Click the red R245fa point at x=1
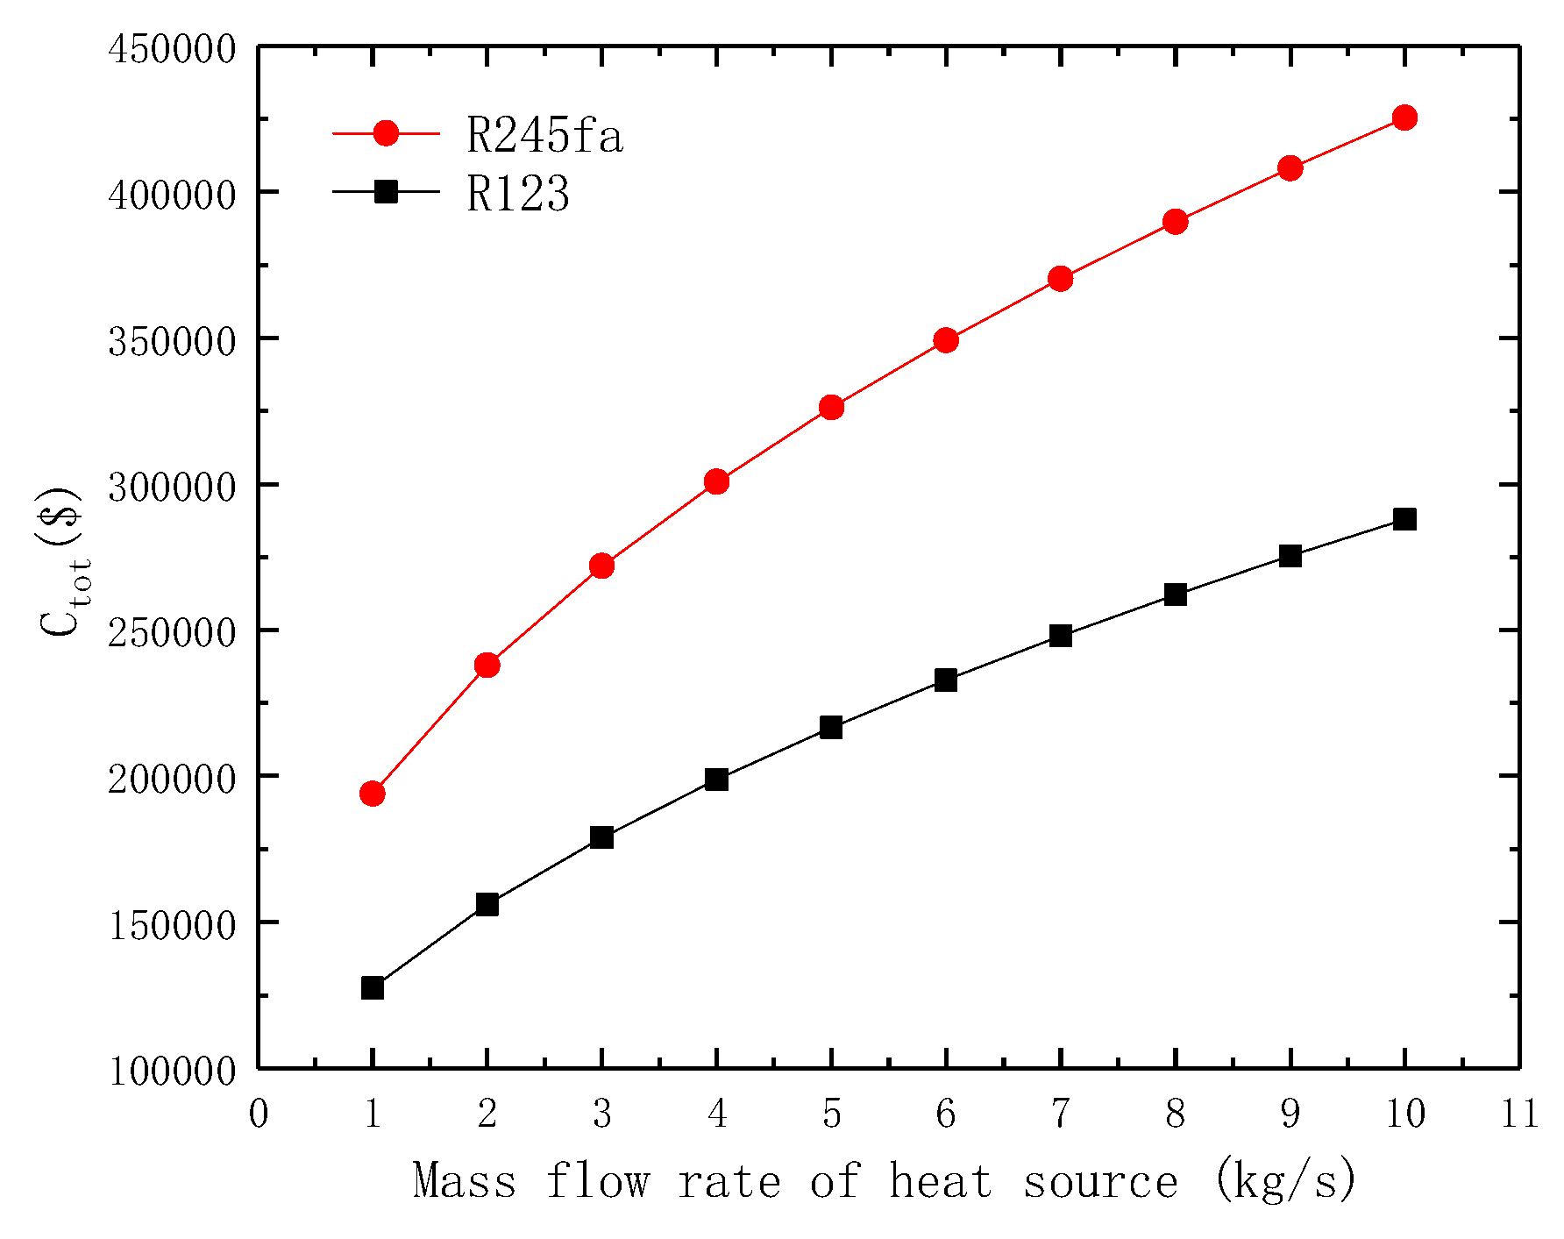(373, 794)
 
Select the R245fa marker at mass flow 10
(1404, 117)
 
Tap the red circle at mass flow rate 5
(831, 408)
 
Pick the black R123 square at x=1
(373, 988)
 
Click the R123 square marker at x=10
(1404, 519)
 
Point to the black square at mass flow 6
(946, 680)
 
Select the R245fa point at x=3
(601, 566)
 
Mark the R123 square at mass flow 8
(1176, 595)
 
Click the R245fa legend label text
(544, 135)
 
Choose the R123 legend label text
(518, 194)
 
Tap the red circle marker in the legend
(386, 133)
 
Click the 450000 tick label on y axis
(172, 48)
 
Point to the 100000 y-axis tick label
(172, 1071)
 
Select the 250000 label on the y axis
(172, 632)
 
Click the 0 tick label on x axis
(258, 1114)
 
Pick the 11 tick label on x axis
(1519, 1114)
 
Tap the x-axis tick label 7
(1061, 1114)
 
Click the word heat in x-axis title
(941, 1181)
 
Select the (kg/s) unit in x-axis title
(1286, 1181)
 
